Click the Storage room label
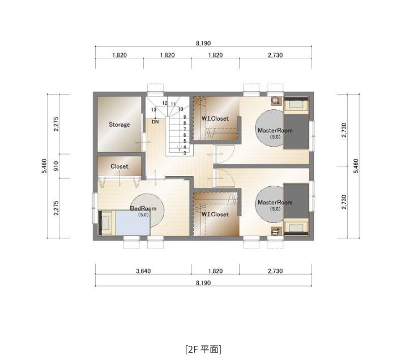coord(119,125)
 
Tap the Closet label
coord(119,166)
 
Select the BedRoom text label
coord(143,208)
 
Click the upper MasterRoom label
coord(275,130)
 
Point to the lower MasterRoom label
coord(275,202)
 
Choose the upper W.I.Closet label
coord(215,119)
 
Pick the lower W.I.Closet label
coord(215,215)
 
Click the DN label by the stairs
coord(155,121)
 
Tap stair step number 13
coord(154,110)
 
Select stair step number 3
coord(185,153)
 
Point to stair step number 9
coord(185,117)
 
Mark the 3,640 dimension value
coord(143,271)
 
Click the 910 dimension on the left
coord(56,166)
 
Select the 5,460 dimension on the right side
coord(356,166)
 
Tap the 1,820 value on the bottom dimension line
coord(215,271)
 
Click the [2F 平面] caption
coord(203,348)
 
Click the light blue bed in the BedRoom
coord(131,223)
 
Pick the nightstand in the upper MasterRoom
coord(275,101)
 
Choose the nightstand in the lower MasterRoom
coord(275,231)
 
